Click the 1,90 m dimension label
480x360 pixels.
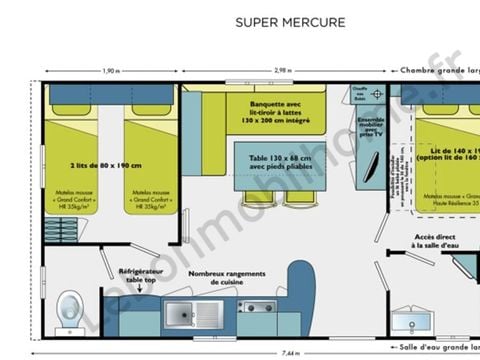(x=113, y=71)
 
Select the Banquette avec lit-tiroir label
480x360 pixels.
(x=283, y=109)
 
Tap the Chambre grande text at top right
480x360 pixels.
(x=440, y=71)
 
